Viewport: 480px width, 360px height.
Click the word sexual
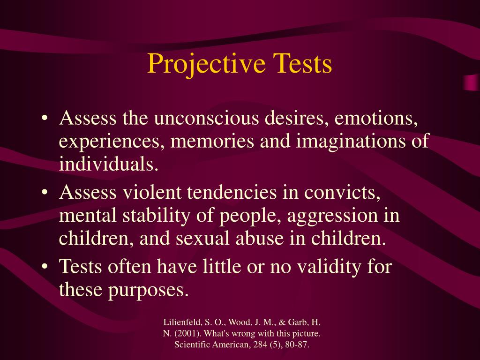(204, 238)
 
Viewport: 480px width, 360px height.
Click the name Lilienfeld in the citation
(180, 323)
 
